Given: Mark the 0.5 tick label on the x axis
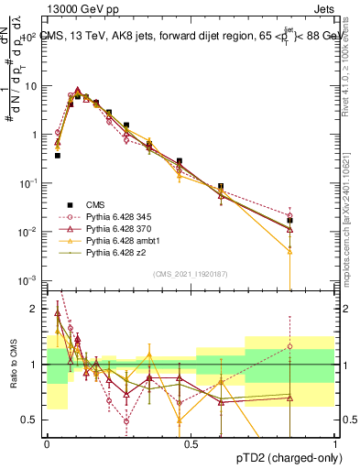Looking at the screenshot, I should (191, 443).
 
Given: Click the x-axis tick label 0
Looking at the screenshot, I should (47, 443).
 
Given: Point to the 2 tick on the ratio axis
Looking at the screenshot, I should (35, 309).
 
